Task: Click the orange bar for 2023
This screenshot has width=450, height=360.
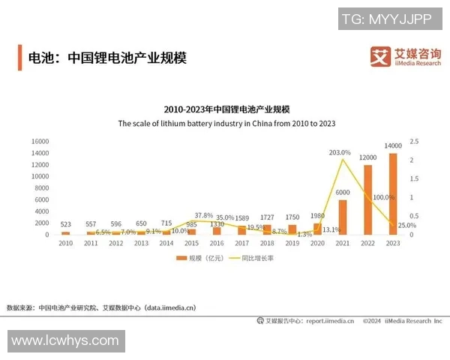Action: pos(392,194)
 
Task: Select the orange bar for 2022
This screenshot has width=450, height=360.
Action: pos(367,199)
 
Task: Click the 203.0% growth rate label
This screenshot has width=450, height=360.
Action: pos(340,152)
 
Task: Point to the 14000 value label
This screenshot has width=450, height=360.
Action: pos(392,145)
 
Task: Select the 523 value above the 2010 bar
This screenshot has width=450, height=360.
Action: pos(66,224)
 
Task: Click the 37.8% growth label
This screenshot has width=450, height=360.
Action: pos(204,215)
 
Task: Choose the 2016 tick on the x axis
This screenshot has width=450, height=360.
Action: pos(216,243)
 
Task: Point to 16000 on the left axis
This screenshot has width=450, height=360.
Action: pos(40,141)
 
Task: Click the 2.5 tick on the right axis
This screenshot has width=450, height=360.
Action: pos(413,141)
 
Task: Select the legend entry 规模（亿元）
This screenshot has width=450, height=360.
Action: pos(199,258)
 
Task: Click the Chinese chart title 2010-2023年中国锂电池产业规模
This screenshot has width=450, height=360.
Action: pos(226,109)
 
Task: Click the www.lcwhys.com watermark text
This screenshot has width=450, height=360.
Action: pos(65,340)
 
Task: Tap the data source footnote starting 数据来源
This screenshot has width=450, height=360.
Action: pos(100,307)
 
